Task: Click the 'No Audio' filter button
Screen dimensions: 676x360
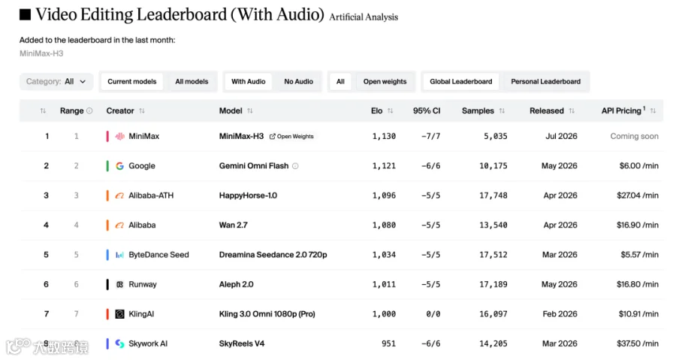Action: click(298, 81)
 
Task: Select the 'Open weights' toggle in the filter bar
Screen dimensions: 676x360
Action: click(385, 81)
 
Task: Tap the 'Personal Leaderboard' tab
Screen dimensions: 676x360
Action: click(545, 81)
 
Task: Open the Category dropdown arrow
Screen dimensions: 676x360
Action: click(83, 81)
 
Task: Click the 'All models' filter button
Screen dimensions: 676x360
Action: click(192, 81)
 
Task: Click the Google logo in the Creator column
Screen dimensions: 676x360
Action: click(120, 166)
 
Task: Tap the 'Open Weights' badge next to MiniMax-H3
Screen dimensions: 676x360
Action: click(291, 137)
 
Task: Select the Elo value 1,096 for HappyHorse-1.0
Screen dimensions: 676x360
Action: click(384, 195)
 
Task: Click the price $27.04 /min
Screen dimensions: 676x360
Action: click(638, 195)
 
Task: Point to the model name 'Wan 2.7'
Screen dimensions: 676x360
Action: click(234, 225)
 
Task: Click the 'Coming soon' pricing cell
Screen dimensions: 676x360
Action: click(634, 136)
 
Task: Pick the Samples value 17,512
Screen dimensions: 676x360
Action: click(493, 255)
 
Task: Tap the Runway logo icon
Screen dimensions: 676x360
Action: click(120, 285)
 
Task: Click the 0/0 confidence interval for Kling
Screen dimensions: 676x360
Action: click(433, 314)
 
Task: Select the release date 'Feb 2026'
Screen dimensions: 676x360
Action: click(560, 314)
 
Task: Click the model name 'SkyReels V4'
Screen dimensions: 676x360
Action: click(242, 343)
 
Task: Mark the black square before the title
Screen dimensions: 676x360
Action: click(25, 15)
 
